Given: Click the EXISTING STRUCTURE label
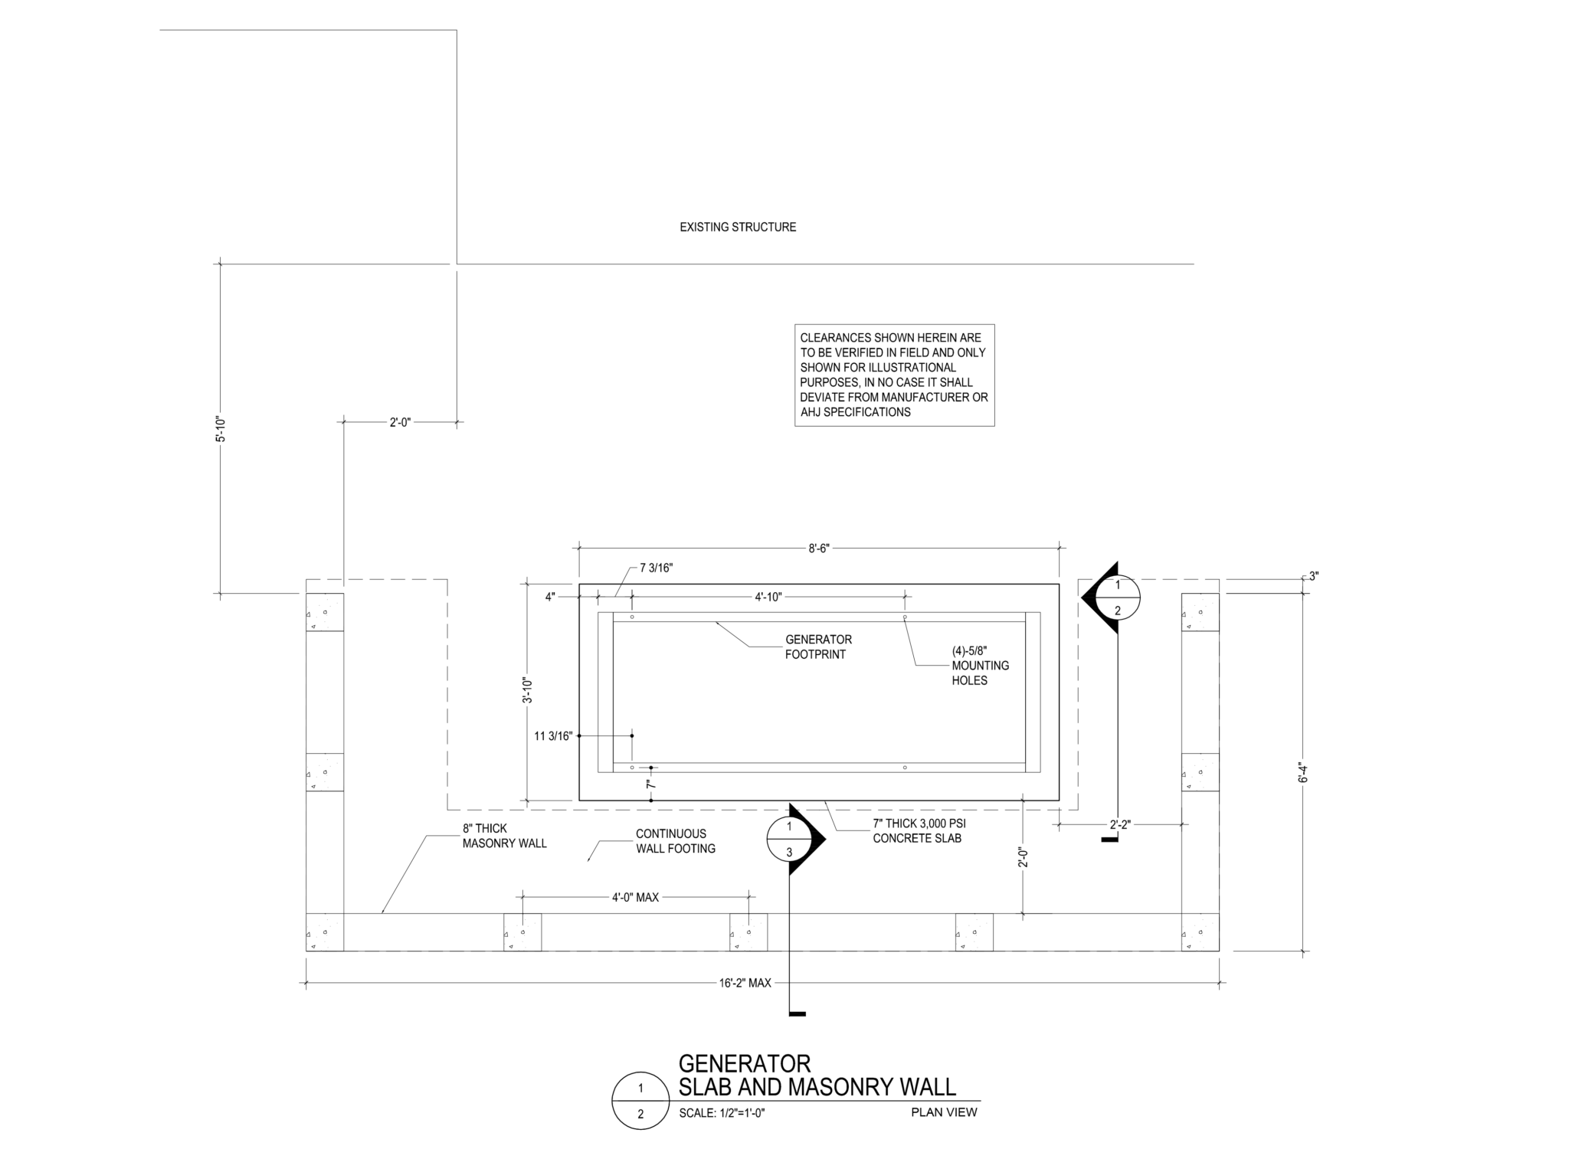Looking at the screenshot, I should [738, 227].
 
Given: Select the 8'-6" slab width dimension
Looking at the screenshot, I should [819, 548].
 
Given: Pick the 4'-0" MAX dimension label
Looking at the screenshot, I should [635, 897].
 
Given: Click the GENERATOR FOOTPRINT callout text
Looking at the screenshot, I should [817, 647].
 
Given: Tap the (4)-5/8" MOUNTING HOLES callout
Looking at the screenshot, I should [980, 665].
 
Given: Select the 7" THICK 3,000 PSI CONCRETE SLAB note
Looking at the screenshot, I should [919, 830].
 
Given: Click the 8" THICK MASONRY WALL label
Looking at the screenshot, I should [504, 836].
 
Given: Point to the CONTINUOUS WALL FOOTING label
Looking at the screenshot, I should [675, 841].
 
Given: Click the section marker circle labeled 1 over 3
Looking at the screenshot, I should [789, 839].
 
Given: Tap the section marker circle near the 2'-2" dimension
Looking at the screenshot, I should [1117, 598].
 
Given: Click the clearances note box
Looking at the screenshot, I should [894, 375].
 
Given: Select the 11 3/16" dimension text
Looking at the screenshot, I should [553, 736].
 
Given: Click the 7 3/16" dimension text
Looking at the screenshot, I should [656, 568].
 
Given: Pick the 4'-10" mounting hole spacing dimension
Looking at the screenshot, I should [768, 597].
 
